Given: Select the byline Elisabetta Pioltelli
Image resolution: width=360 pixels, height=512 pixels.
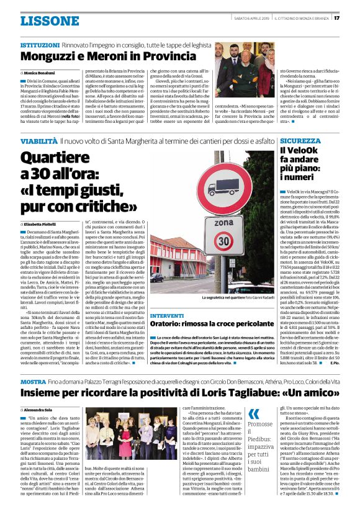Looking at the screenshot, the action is [x=45, y=223].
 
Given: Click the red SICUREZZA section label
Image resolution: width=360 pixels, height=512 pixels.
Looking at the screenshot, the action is [x=300, y=141].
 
